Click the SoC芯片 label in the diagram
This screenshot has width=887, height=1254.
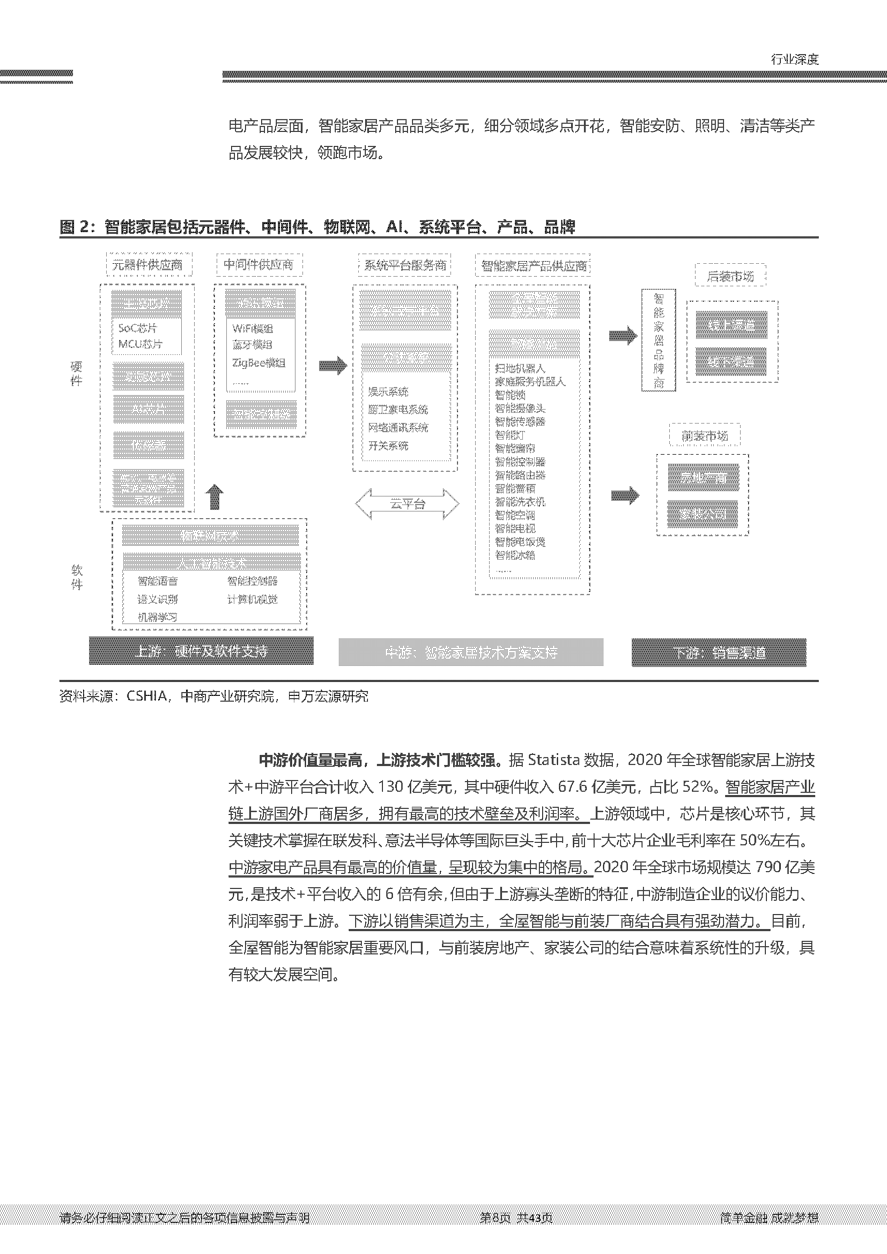138,328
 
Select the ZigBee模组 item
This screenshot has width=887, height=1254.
259,362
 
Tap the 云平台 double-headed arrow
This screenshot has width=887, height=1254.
408,503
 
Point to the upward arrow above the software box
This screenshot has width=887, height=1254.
215,496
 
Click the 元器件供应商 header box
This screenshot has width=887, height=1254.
147,265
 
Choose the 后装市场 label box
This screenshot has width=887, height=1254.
730,276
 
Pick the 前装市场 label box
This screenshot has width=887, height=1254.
705,436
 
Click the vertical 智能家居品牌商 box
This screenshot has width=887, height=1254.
659,340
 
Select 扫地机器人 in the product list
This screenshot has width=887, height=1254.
520,369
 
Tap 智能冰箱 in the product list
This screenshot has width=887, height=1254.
515,555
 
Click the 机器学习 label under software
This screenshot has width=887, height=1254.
157,617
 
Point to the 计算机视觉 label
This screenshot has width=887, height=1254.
253,599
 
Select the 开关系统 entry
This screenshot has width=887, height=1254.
388,446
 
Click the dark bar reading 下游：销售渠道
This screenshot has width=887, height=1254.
719,652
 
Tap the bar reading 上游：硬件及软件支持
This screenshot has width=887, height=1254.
201,651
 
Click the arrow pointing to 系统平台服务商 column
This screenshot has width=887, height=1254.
332,366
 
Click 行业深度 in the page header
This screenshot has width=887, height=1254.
795,59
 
